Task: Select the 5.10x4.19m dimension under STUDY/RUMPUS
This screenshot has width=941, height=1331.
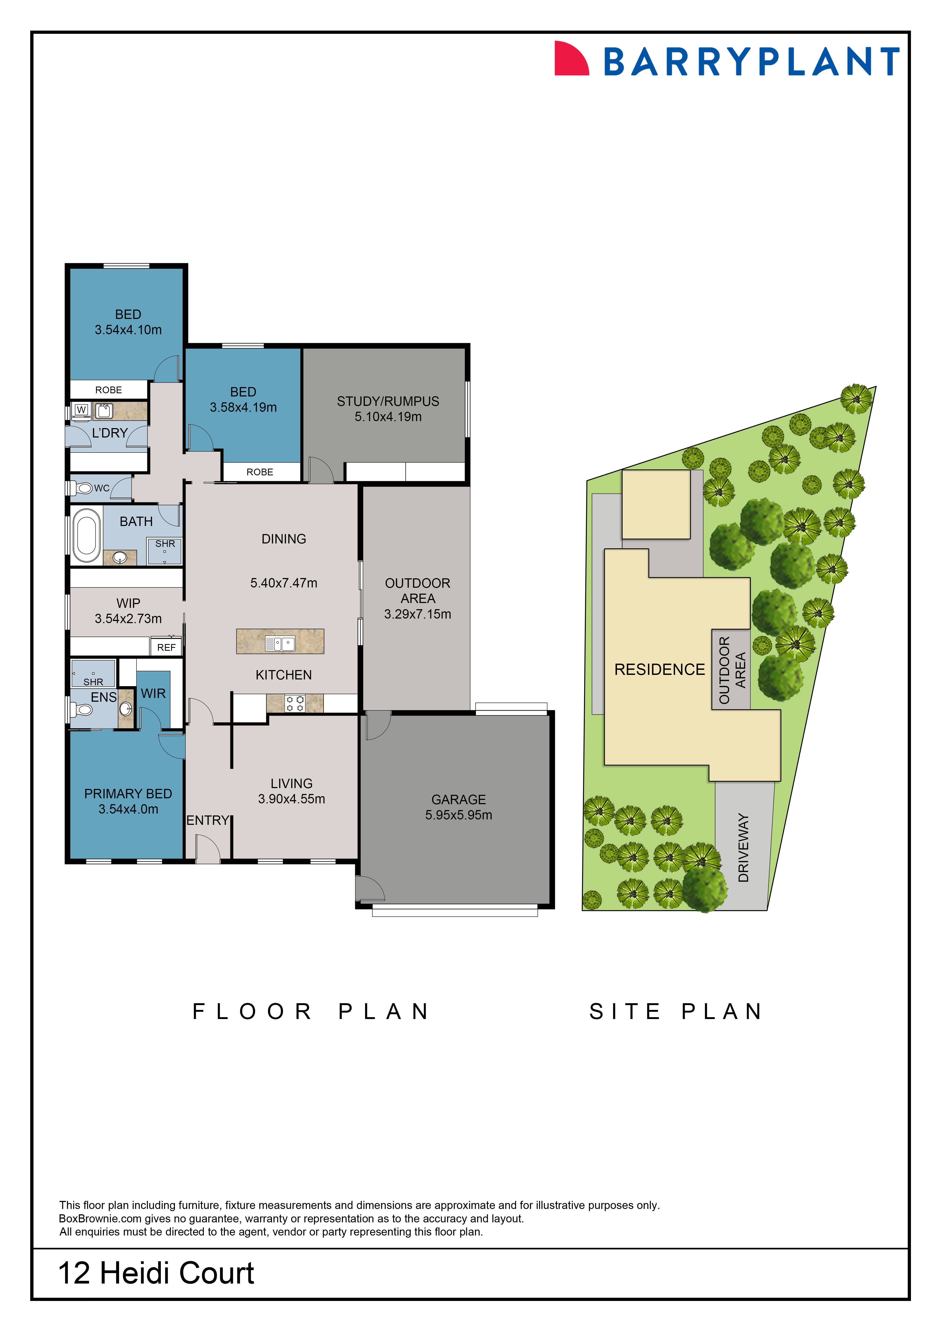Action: [x=388, y=417]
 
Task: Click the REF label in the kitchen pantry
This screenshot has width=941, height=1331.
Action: [x=166, y=648]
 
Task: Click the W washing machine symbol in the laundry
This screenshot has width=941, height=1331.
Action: [x=81, y=410]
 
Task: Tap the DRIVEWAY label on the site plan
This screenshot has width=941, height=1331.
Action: [x=743, y=848]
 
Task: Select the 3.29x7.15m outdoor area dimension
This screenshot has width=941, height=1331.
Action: [x=417, y=614]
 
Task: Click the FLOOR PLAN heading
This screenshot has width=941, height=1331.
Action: [x=311, y=1012]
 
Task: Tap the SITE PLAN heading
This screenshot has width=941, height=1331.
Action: [x=676, y=1012]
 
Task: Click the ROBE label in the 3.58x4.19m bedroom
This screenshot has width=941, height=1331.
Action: [x=260, y=472]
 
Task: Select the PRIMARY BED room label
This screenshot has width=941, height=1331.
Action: [x=128, y=794]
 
